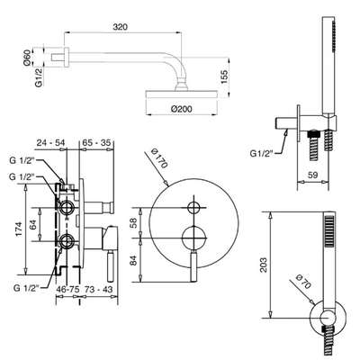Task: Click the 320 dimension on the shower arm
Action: [x=121, y=27]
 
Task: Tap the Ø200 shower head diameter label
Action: [x=182, y=109]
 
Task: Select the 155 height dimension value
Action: [x=225, y=76]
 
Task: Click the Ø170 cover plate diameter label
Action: [x=159, y=157]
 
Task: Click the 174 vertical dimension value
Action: [x=19, y=229]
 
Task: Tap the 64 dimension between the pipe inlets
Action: [x=33, y=224]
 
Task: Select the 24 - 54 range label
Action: [x=50, y=142]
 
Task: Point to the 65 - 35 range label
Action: [x=96, y=142]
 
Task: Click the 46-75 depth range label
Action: [x=67, y=290]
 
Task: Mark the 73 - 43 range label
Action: [x=98, y=290]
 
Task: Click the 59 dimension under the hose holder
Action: [x=313, y=175]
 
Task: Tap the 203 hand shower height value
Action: [x=264, y=265]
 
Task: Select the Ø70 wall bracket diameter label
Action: [x=303, y=282]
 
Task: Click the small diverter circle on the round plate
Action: [x=193, y=208]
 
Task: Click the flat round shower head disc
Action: [x=181, y=94]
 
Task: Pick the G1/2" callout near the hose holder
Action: [x=261, y=153]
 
